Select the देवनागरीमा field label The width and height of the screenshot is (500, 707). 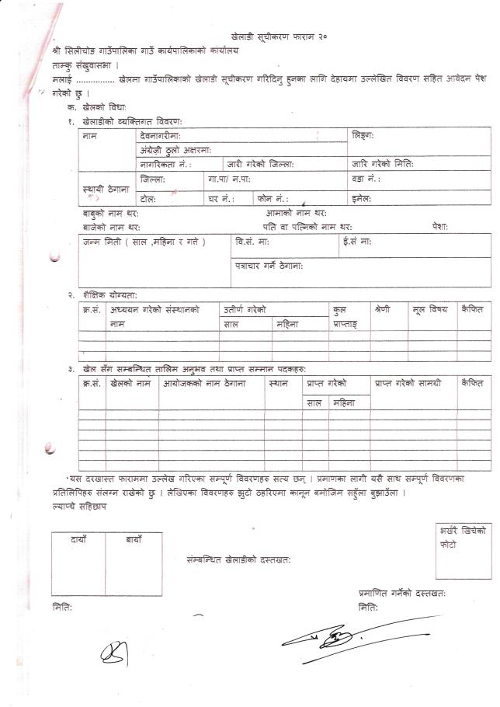pyautogui.click(x=161, y=135)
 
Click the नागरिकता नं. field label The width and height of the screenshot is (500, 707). pyautogui.click(x=165, y=164)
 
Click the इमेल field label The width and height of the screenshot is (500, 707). pyautogui.click(x=361, y=198)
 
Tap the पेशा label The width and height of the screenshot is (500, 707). pyautogui.click(x=440, y=227)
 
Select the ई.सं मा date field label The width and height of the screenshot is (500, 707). pyautogui.click(x=357, y=242)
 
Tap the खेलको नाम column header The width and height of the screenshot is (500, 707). pyautogui.click(x=130, y=382)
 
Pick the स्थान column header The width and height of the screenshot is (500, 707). pyautogui.click(x=277, y=382)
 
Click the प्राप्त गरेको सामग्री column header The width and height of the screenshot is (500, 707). pyautogui.click(x=408, y=382)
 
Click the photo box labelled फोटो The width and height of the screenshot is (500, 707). pyautogui.click(x=463, y=552)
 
